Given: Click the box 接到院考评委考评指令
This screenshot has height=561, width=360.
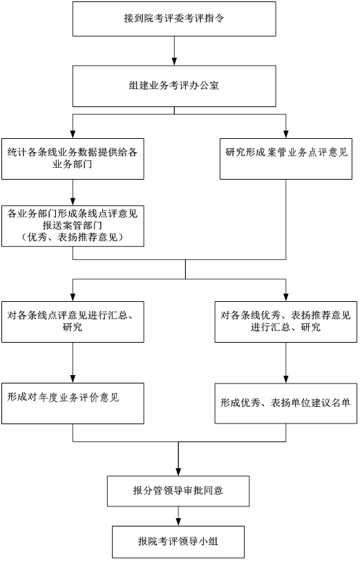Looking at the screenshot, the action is click(x=174, y=19).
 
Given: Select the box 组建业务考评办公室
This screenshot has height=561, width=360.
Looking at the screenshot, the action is click(x=174, y=86).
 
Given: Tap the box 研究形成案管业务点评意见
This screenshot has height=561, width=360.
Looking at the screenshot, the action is click(x=286, y=159).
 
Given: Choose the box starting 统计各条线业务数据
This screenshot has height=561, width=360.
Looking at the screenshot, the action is click(x=73, y=159).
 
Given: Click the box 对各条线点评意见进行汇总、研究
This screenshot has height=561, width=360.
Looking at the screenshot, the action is click(x=73, y=322).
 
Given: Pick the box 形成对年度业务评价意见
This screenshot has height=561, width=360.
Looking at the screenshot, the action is click(x=73, y=403).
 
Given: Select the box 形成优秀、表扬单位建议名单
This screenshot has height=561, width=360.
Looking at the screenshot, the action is click(x=286, y=403).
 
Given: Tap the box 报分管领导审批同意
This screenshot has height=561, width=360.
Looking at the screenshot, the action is click(x=178, y=491).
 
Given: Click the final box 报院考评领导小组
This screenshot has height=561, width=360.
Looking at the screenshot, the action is click(x=178, y=542).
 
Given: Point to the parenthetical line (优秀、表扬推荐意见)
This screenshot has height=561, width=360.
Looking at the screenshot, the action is click(x=73, y=237).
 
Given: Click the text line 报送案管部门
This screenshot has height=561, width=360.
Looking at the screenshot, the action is click(x=73, y=225).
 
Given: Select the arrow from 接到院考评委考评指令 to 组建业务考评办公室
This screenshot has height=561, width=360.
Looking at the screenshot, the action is click(x=174, y=51).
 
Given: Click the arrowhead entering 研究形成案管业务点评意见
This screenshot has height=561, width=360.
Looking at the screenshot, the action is click(x=286, y=134).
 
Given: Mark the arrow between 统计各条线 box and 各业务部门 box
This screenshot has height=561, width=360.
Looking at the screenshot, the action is click(x=73, y=192).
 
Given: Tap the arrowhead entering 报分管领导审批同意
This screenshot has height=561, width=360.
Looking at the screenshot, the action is click(x=178, y=471).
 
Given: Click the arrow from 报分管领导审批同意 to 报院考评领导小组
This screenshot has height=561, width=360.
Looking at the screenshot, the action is click(x=178, y=516).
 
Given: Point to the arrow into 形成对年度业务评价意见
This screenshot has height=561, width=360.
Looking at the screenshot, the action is click(x=73, y=363).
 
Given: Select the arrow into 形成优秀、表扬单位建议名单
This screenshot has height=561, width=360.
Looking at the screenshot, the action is click(x=286, y=363).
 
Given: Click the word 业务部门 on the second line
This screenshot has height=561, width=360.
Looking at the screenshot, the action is click(x=73, y=164).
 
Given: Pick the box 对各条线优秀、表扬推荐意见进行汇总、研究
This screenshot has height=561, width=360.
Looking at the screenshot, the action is click(x=286, y=322).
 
